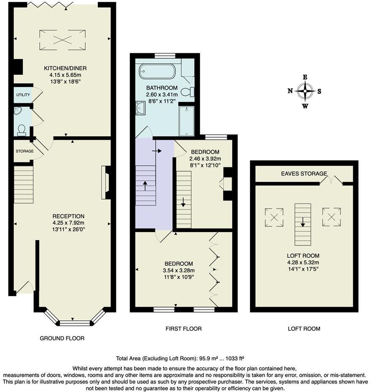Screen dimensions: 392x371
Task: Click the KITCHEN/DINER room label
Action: click(x=62, y=68)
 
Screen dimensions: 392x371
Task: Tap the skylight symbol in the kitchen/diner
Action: click(x=62, y=40)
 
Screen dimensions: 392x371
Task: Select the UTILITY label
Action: click(x=23, y=95)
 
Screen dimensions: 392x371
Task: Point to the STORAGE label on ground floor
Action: click(x=24, y=151)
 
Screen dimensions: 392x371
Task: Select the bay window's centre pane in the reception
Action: click(x=75, y=323)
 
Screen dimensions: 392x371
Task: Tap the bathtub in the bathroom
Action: click(x=157, y=71)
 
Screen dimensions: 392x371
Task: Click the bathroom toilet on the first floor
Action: click(x=188, y=91)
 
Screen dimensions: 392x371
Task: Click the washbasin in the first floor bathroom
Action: click(x=140, y=109)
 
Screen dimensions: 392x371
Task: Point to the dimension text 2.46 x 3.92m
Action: click(x=205, y=159)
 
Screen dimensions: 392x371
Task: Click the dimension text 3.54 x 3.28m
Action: click(x=179, y=270)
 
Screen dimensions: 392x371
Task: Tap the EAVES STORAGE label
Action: click(x=304, y=173)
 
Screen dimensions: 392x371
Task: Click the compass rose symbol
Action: click(x=304, y=91)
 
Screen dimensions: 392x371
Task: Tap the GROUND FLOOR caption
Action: click(x=62, y=338)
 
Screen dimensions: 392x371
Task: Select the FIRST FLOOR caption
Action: click(x=184, y=328)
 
